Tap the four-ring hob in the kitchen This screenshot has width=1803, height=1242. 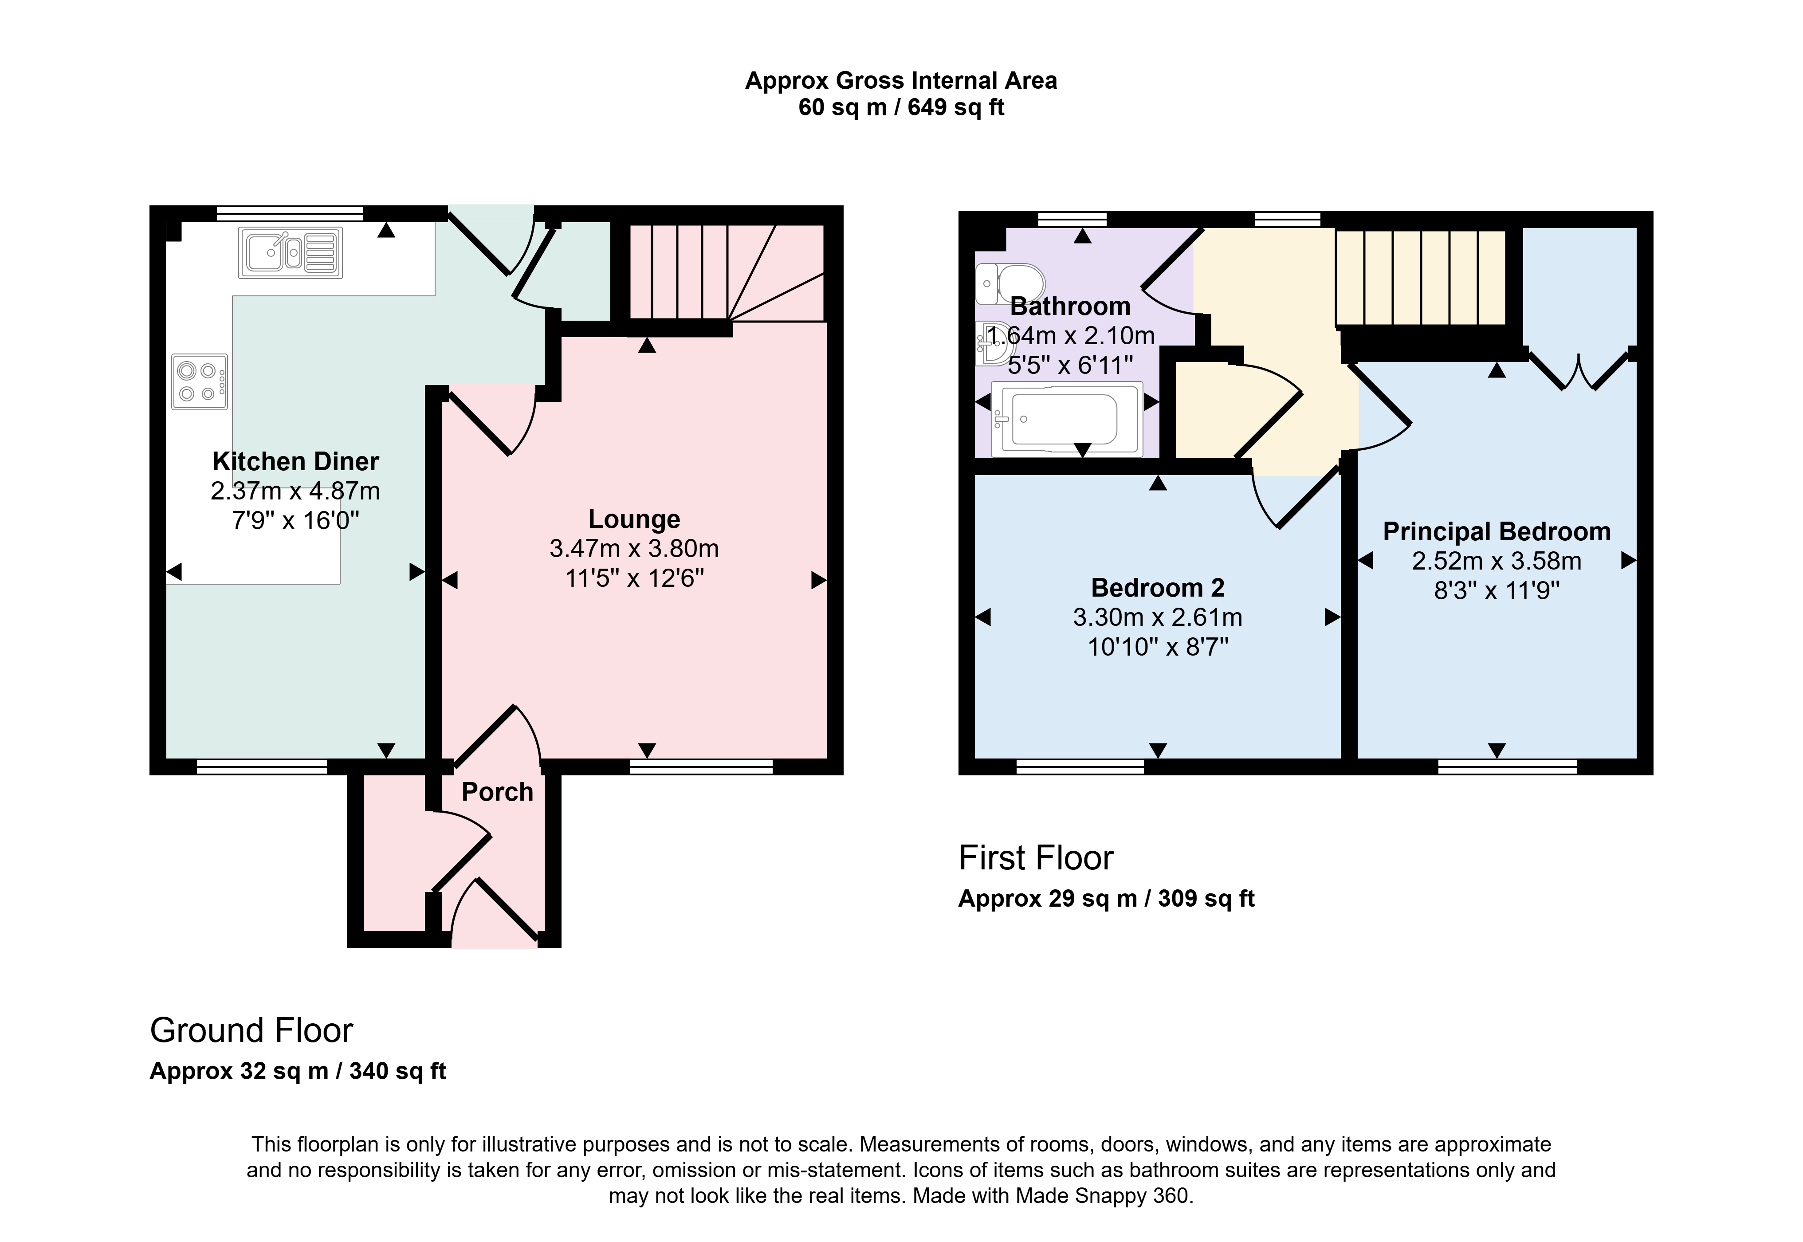tap(200, 382)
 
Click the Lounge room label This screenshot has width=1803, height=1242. tap(634, 519)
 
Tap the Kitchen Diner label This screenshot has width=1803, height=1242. tap(296, 461)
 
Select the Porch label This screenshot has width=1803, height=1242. tap(497, 792)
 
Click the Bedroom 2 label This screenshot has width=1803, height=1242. tap(1158, 588)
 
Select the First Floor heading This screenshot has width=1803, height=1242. tap(1036, 858)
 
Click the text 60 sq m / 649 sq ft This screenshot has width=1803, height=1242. tap(901, 107)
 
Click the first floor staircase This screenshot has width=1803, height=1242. tap(1421, 277)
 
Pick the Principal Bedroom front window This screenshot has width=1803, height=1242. tap(1507, 766)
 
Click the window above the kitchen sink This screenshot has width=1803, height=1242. tap(290, 213)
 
